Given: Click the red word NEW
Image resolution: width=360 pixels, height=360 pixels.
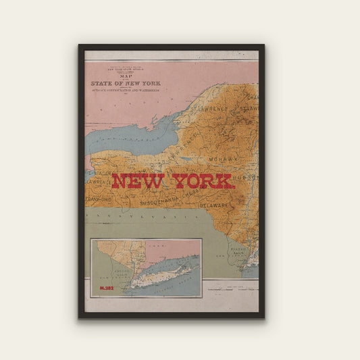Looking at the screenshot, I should [x=138, y=182].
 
